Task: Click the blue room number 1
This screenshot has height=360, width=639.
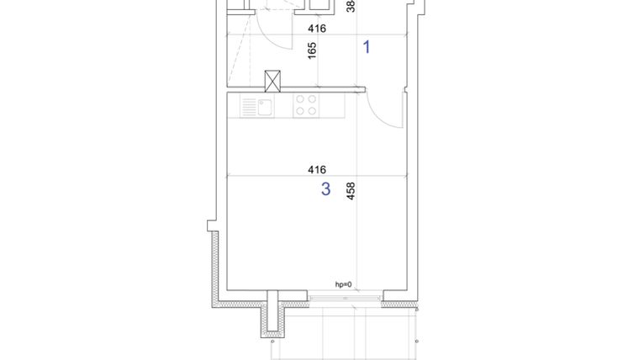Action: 367,47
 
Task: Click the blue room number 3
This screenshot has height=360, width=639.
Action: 326,189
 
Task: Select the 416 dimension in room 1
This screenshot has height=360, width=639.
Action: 317,29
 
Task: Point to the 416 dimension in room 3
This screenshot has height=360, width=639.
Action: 317,170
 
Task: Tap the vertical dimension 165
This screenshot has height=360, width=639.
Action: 312,50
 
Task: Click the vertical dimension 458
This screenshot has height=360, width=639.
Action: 351,191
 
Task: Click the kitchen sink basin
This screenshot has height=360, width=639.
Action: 265,106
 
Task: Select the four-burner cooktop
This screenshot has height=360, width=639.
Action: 306,105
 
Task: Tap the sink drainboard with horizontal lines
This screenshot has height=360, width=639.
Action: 249,106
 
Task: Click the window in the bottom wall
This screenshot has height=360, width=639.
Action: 346,298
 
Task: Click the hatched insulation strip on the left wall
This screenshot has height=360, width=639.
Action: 215,265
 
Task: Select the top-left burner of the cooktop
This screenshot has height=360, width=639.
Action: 300,99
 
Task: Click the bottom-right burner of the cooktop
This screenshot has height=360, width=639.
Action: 313,111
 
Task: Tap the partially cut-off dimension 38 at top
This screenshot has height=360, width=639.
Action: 351,6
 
